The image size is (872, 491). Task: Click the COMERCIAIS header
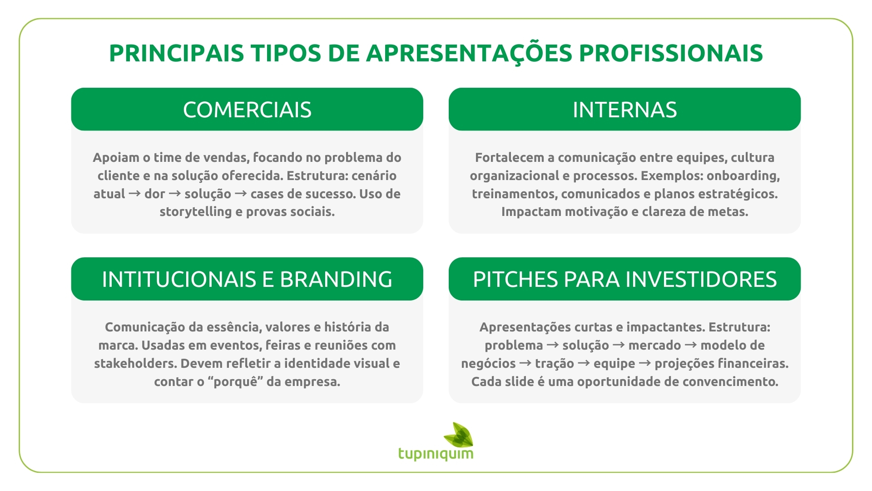point(247,110)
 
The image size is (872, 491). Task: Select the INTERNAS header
point(624,110)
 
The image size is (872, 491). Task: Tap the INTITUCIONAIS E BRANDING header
point(247,279)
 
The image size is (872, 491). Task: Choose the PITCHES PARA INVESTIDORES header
point(624,279)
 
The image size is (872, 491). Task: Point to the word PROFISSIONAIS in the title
point(671,53)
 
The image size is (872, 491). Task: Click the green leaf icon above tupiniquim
point(459,434)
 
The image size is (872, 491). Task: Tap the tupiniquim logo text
point(436,454)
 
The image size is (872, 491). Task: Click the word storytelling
point(195,212)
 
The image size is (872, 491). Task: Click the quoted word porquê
point(236,382)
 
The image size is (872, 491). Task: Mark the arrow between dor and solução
point(175,194)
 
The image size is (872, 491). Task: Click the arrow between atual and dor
point(135,194)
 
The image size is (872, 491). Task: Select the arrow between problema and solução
point(553,345)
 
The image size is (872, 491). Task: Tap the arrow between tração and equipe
point(584,363)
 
